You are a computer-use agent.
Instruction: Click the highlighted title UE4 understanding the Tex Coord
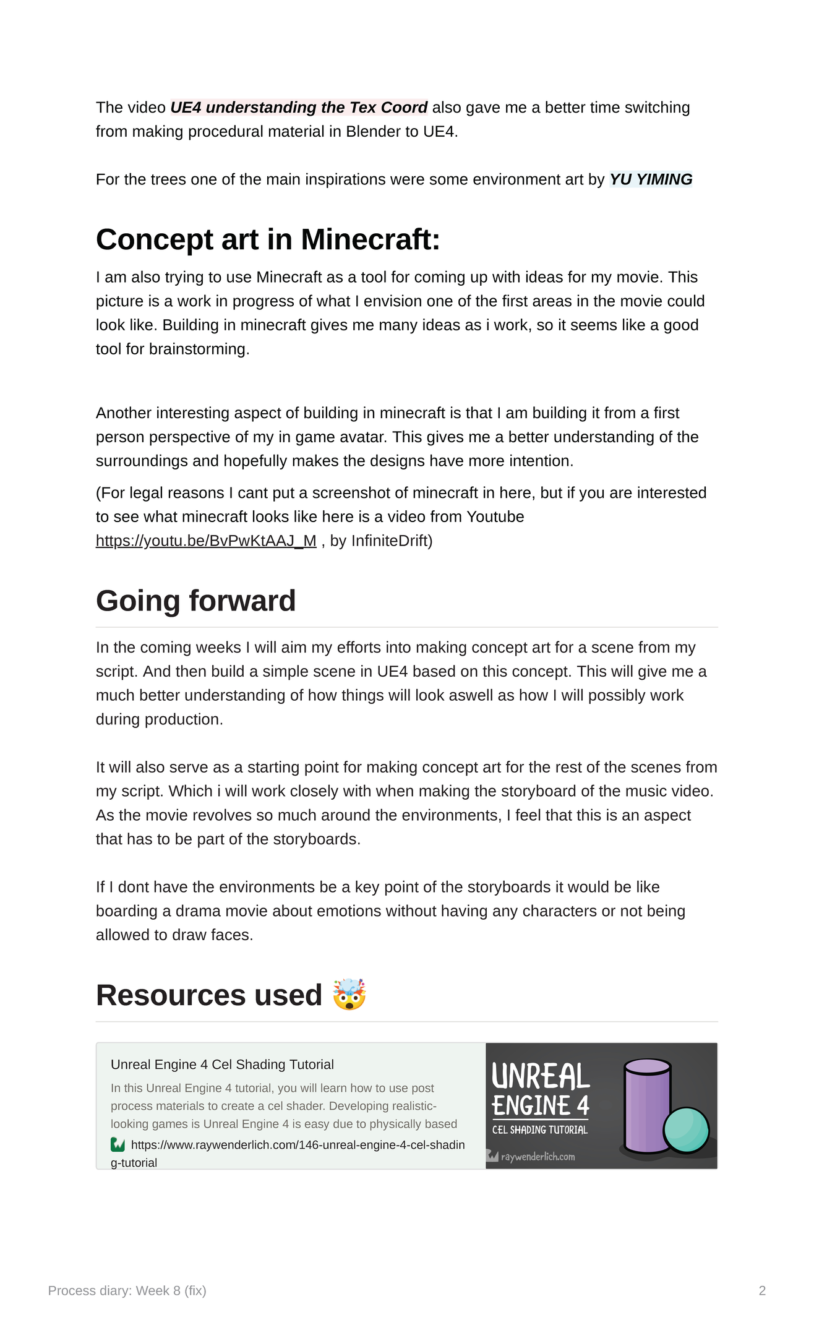pos(299,108)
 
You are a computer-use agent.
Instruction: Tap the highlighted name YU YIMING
pos(651,179)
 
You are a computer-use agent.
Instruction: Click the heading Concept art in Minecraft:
pos(268,239)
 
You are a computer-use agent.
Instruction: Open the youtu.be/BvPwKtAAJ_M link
pos(206,541)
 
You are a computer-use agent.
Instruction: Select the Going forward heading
pos(196,601)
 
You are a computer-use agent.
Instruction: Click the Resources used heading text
pos(209,995)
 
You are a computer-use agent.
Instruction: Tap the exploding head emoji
pos(349,995)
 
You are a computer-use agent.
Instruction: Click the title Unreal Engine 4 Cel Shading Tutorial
pos(222,1065)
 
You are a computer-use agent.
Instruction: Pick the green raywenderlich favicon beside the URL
pos(118,1145)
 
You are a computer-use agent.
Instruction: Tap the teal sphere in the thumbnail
pos(685,1130)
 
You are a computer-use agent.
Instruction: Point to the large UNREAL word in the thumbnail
pos(541,1077)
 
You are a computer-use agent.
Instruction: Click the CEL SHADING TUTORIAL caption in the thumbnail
pos(540,1130)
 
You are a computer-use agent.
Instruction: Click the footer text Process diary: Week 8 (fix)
pos(127,1290)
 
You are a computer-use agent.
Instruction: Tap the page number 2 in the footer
pos(762,1290)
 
